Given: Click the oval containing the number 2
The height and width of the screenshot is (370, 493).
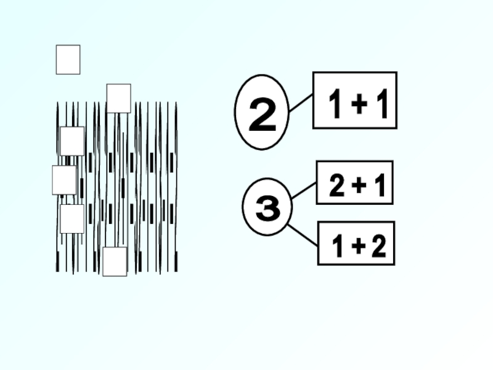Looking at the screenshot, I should point(262,112).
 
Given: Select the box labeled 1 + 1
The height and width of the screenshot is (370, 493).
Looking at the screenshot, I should point(354,100).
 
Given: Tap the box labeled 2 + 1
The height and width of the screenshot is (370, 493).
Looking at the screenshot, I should point(354,183).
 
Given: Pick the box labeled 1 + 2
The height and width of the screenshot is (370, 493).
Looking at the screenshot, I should point(356,244).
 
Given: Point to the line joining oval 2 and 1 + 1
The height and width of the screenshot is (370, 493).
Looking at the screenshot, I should point(301,104).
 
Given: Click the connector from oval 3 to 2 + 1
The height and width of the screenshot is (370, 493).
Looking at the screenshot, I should point(303,191).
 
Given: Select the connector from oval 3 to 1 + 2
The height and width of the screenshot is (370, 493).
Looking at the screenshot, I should point(302,236).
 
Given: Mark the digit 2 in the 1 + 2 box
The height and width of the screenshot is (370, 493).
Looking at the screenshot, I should point(378,247).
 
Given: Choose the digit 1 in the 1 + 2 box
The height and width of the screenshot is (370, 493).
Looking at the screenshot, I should point(337,247).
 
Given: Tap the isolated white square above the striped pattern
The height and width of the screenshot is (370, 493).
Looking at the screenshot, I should point(68,60).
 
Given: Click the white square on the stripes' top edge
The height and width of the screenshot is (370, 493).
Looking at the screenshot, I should point(118,98).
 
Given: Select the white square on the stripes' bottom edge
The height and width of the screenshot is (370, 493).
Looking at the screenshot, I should point(115,261).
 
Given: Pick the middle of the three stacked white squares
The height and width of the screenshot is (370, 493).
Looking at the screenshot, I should point(64,180).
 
